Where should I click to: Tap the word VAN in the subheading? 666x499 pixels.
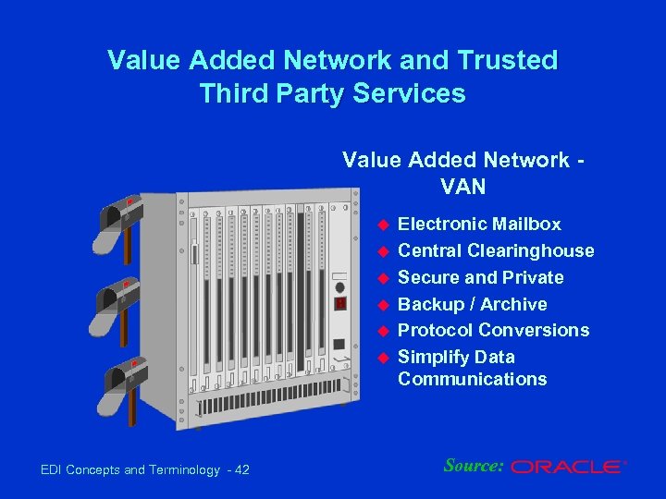(x=463, y=186)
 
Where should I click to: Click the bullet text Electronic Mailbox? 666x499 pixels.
(x=479, y=225)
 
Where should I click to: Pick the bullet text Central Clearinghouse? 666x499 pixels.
(x=496, y=250)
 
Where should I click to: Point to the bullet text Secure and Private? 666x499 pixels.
(x=480, y=277)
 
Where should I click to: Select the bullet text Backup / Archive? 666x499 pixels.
(x=472, y=304)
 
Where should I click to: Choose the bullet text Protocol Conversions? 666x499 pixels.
(x=493, y=330)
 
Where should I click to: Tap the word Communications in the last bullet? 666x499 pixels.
(x=472, y=379)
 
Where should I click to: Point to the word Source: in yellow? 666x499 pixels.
(x=473, y=465)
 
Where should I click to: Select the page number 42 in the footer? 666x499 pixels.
(x=241, y=470)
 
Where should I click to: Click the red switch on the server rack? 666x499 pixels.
(x=340, y=303)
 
